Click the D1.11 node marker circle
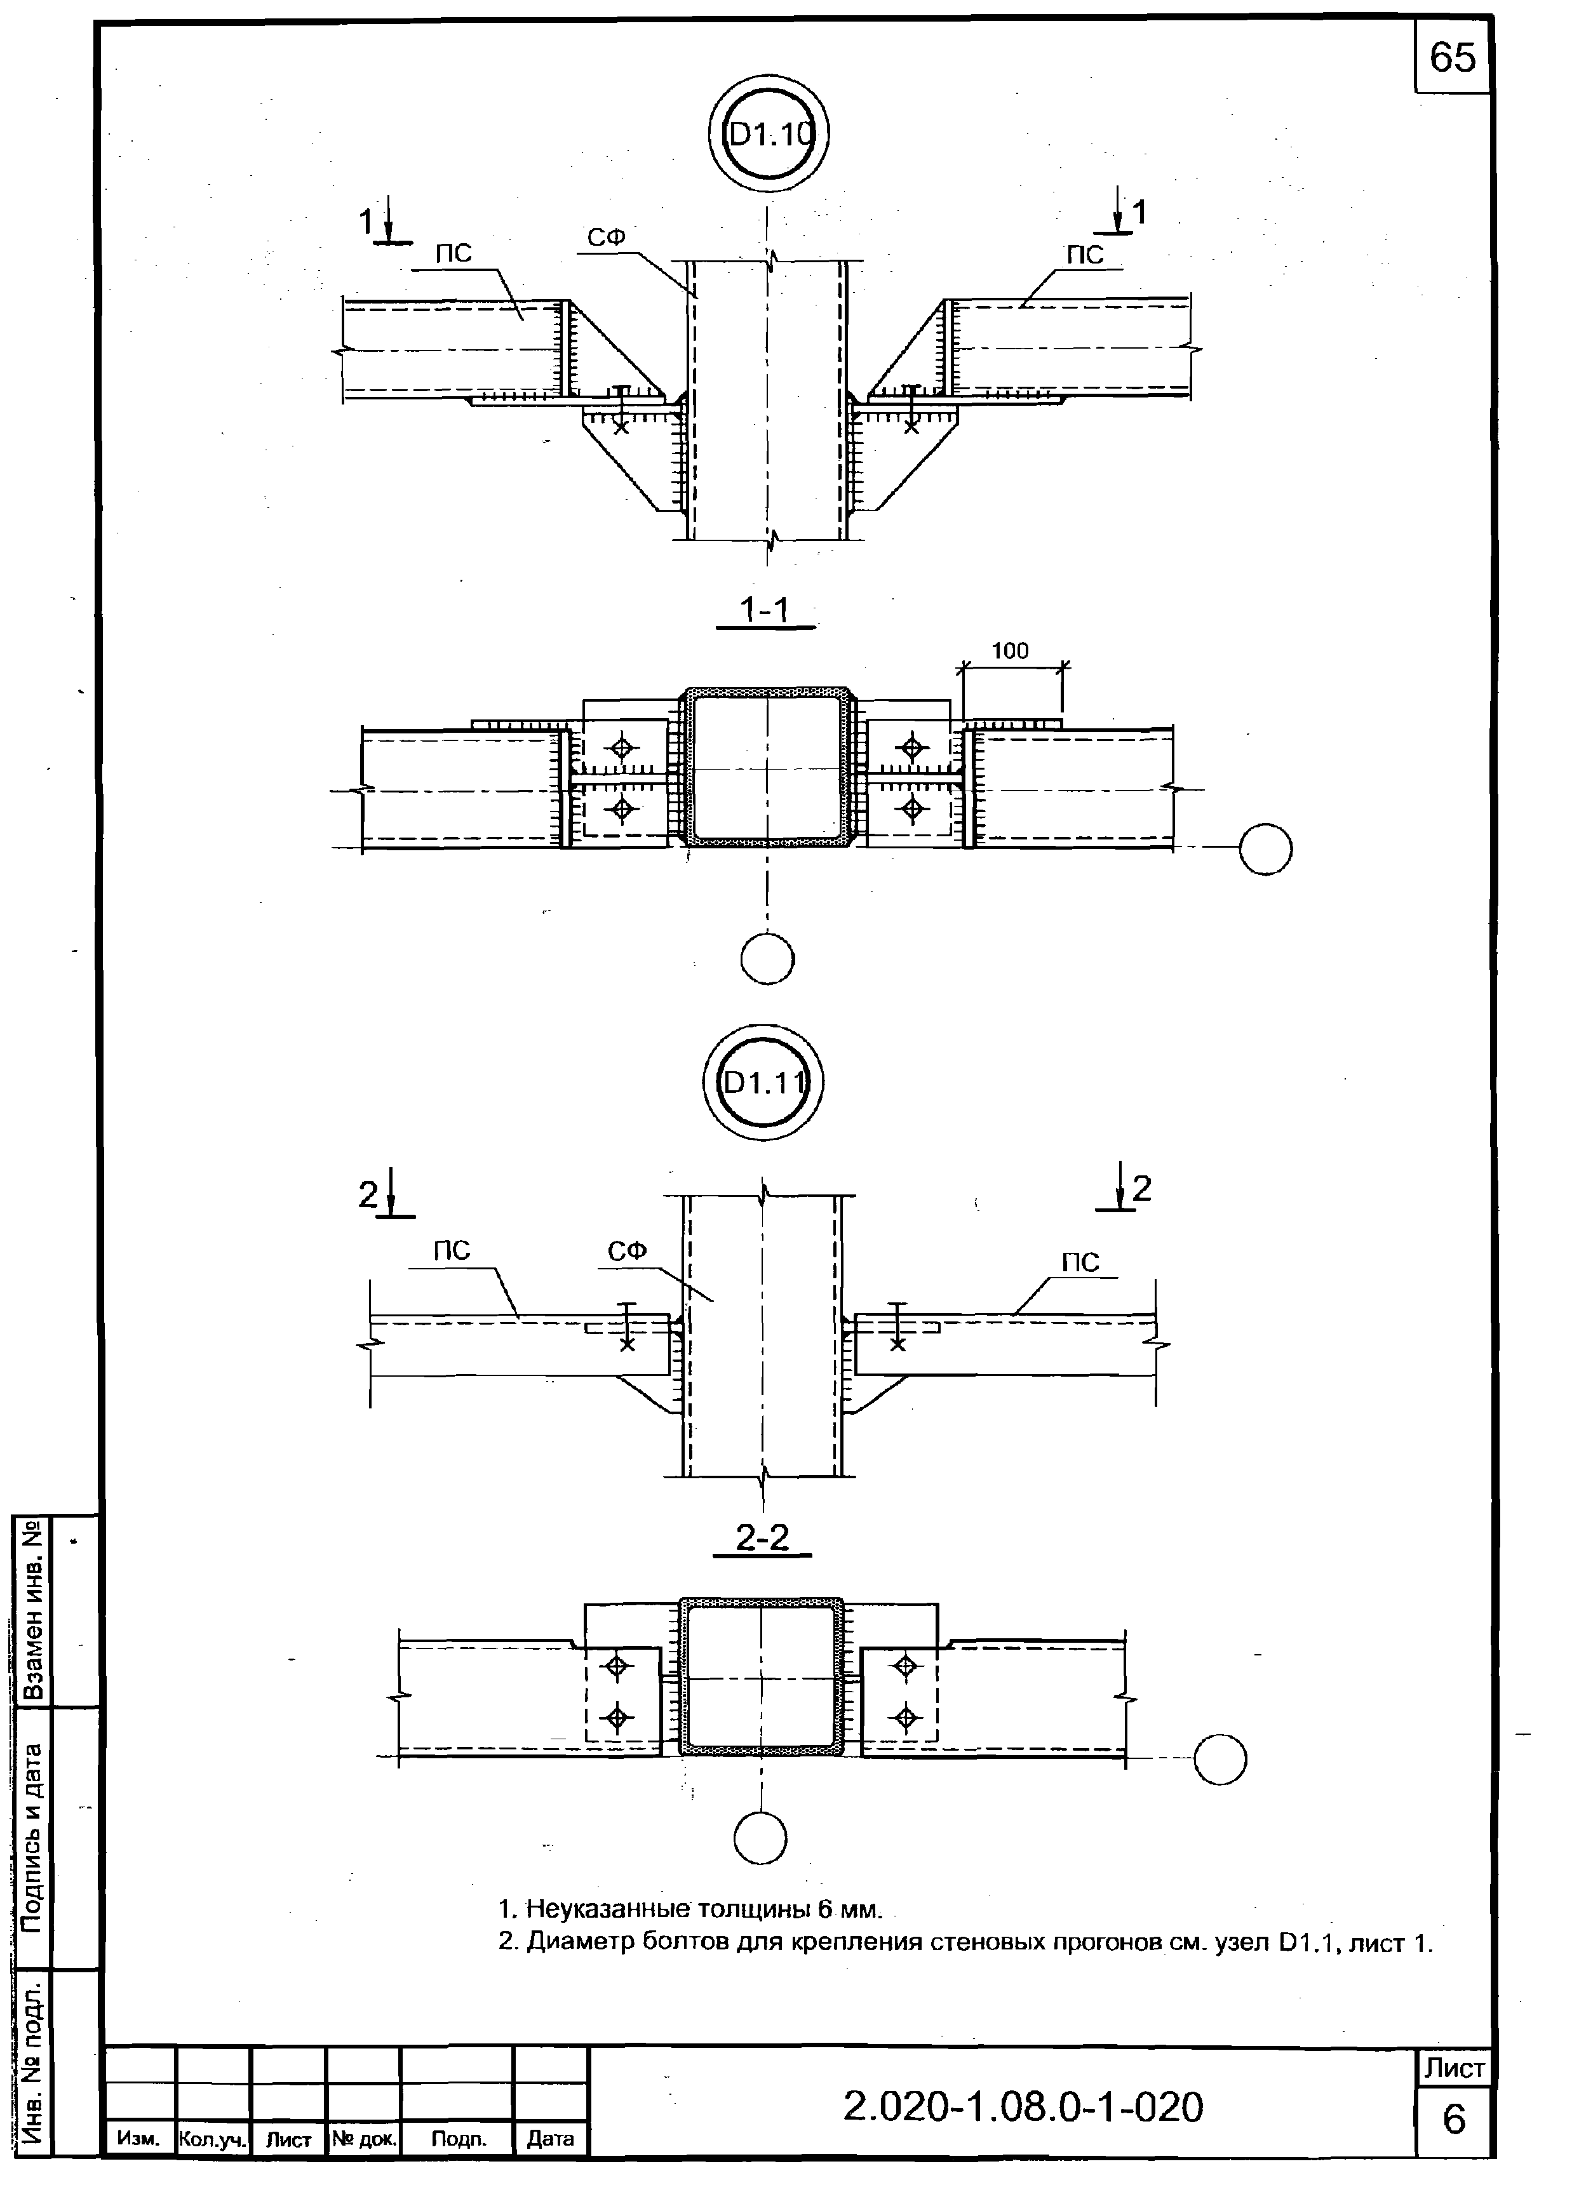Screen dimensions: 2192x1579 [763, 1083]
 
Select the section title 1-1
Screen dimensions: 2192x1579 [764, 610]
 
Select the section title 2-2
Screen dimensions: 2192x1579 [762, 1537]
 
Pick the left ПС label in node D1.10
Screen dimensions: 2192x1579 [452, 254]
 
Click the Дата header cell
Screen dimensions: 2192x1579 [550, 2139]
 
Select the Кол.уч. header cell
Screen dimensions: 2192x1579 [213, 2139]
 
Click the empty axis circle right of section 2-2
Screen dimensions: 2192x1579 [1220, 1759]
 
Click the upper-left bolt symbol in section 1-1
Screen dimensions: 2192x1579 [622, 747]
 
